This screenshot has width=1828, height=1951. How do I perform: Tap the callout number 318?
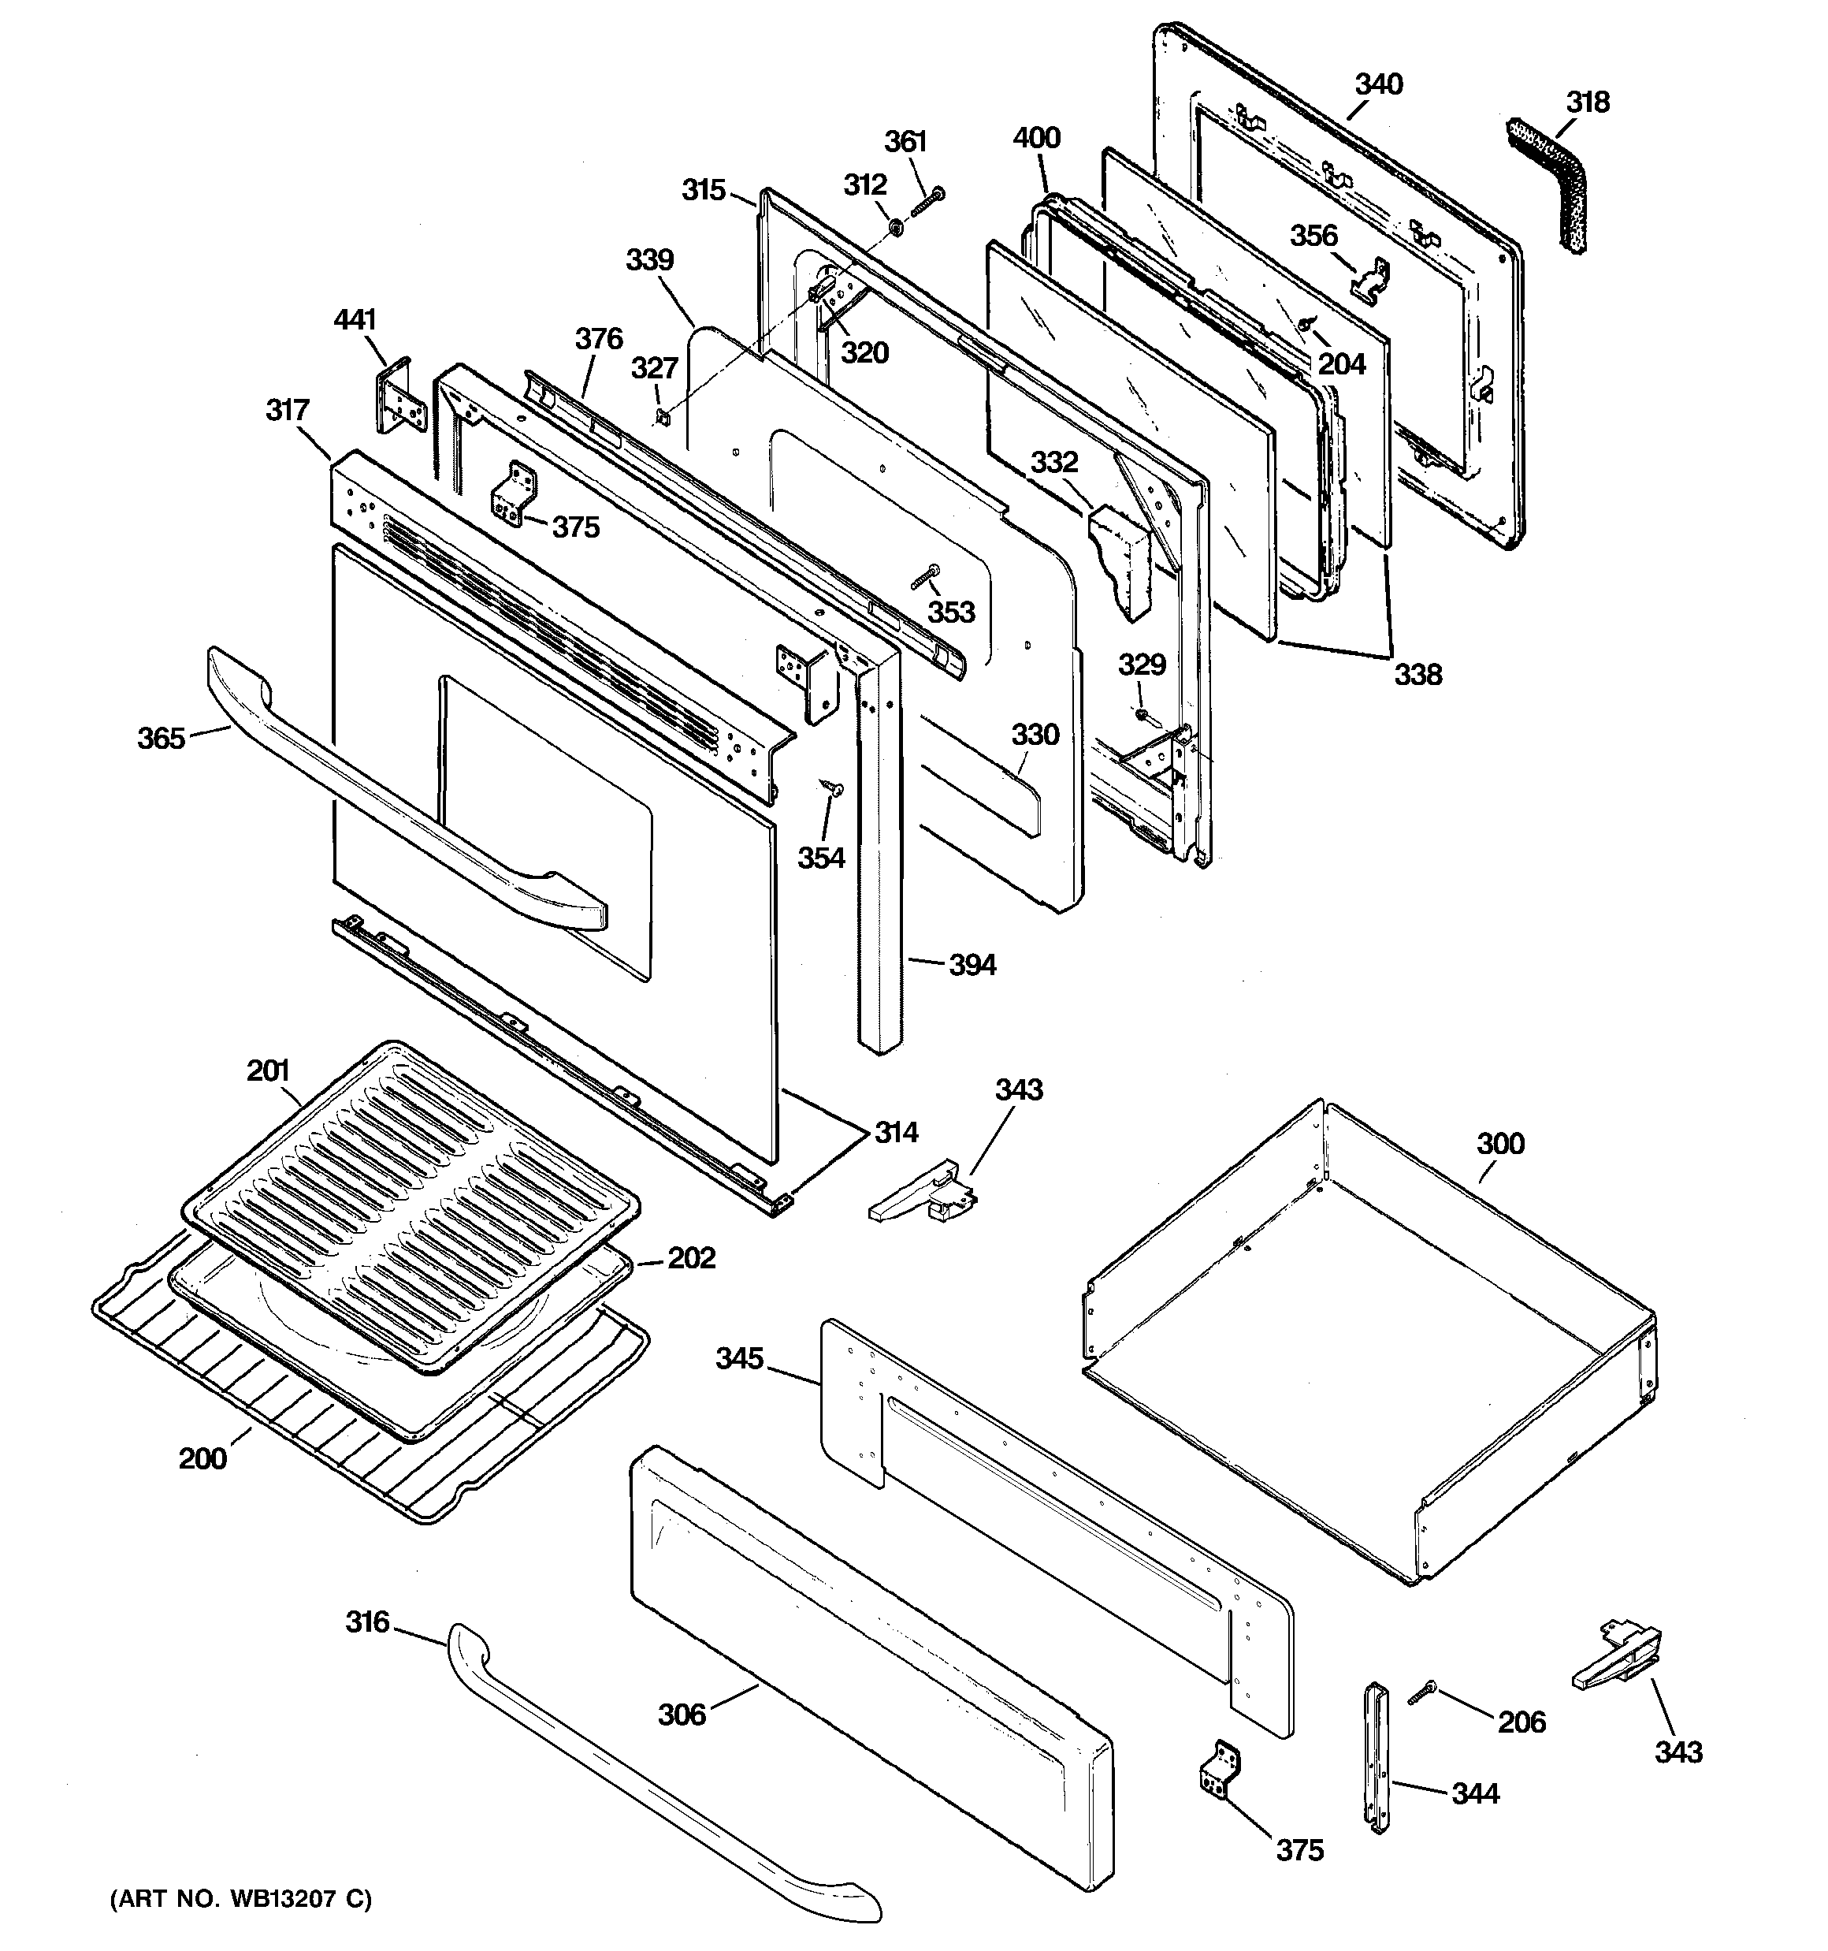point(1587,102)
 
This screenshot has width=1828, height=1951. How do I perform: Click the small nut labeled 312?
point(896,229)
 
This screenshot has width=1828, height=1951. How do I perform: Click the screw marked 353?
point(925,576)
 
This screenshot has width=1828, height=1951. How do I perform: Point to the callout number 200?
point(202,1458)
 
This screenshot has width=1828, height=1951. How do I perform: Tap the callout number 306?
point(681,1714)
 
